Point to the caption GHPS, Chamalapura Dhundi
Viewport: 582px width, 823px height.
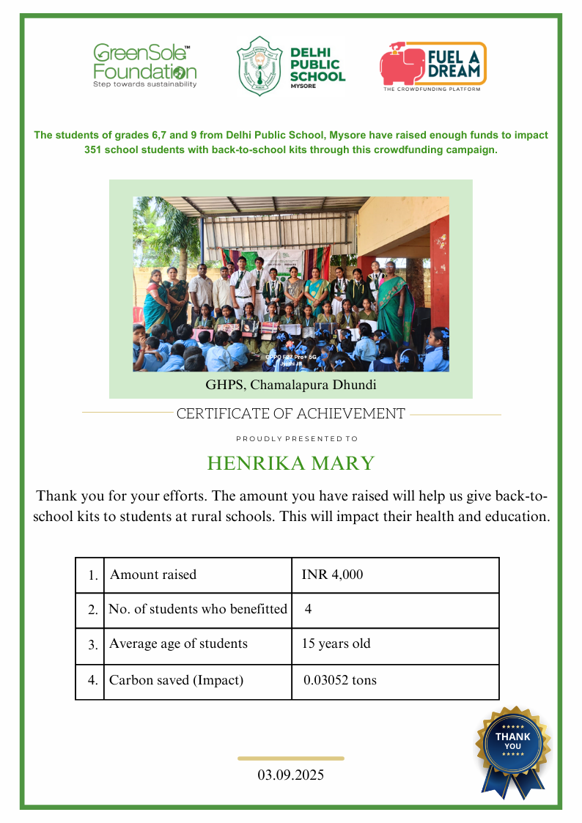pyautogui.click(x=291, y=384)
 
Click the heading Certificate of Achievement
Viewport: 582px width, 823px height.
pyautogui.click(x=291, y=414)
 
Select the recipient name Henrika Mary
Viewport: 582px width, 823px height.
pyautogui.click(x=291, y=463)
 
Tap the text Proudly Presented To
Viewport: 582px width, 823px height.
pyautogui.click(x=297, y=439)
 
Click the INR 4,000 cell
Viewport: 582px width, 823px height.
pyautogui.click(x=332, y=575)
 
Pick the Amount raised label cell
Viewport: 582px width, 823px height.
pyautogui.click(x=153, y=575)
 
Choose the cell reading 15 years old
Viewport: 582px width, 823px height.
pyautogui.click(x=336, y=644)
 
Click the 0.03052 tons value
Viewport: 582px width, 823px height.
pyautogui.click(x=340, y=680)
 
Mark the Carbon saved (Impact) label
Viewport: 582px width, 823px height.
pyautogui.click(x=176, y=680)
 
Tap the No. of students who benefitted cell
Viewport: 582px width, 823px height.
pyautogui.click(x=198, y=609)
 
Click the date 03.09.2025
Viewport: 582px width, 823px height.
pyautogui.click(x=291, y=775)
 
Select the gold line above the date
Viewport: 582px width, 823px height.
pyautogui.click(x=291, y=759)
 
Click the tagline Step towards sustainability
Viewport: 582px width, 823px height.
pyautogui.click(x=144, y=85)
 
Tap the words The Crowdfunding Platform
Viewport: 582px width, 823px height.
pyautogui.click(x=432, y=89)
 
